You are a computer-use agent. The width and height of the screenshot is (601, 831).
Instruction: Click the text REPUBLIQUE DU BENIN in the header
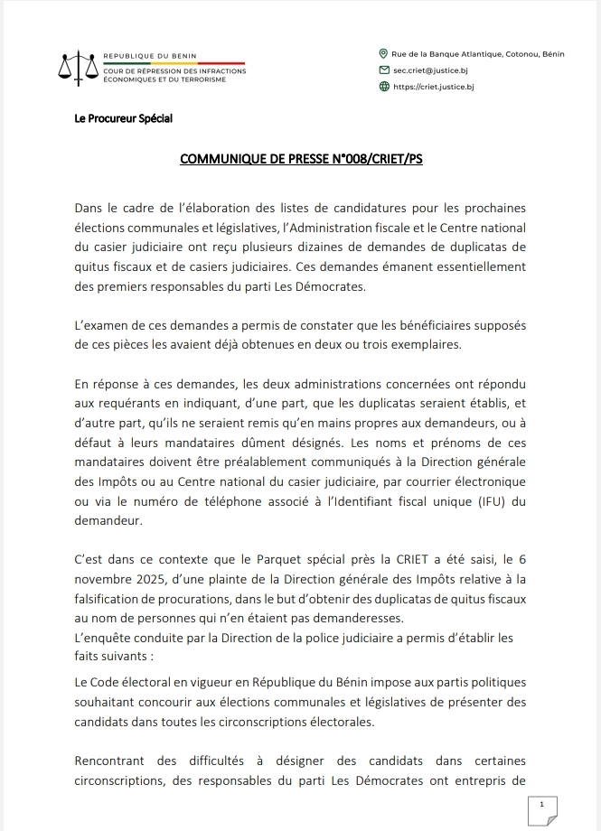(150, 56)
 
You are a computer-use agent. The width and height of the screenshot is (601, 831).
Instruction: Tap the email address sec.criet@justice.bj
(434, 70)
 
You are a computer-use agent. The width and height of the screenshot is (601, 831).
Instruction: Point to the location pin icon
(384, 54)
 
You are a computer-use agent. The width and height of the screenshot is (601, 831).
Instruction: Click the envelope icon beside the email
(384, 70)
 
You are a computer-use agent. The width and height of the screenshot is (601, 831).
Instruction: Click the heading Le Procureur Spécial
(124, 119)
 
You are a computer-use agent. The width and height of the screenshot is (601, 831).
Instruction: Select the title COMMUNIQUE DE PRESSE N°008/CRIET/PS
(301, 160)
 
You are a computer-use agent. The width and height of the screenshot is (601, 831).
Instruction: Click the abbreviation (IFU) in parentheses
(484, 503)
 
